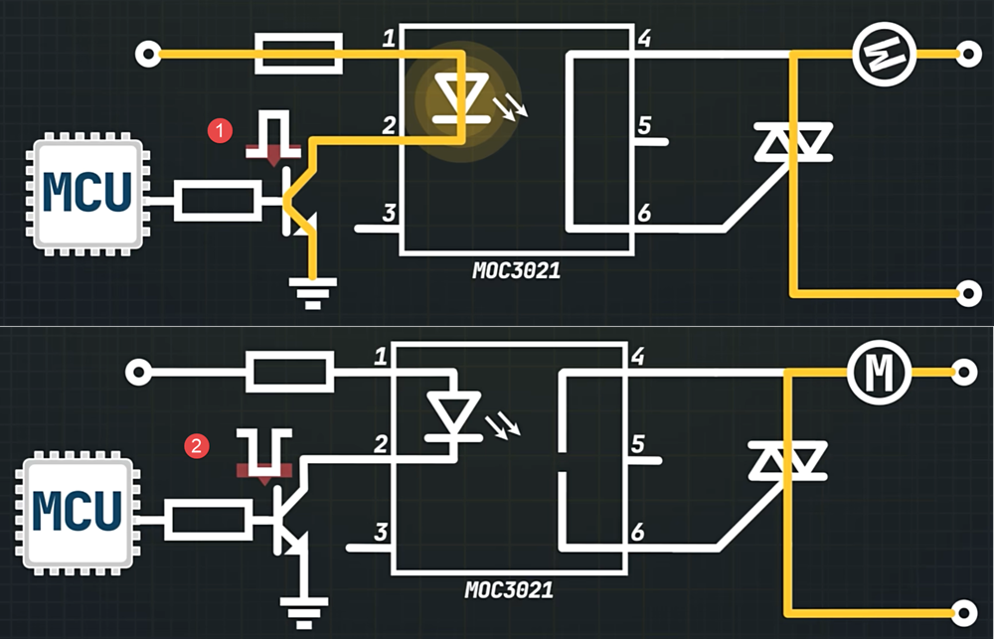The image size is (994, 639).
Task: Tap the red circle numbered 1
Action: [218, 129]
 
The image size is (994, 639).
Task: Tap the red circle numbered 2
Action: [199, 446]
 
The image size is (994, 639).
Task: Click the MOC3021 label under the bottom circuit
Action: [508, 589]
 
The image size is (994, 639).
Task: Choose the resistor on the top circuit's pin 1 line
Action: [299, 54]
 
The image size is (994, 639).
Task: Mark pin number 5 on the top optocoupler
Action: [643, 126]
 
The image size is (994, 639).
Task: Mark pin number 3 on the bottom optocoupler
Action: [380, 533]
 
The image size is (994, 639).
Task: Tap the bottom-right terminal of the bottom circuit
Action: [963, 611]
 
